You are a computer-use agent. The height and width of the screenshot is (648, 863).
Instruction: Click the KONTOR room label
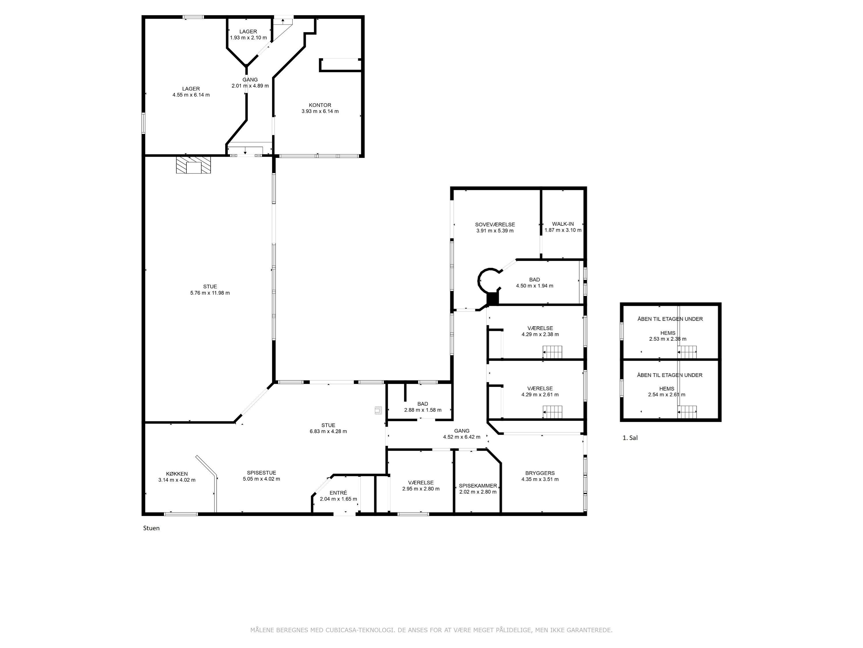[320, 105]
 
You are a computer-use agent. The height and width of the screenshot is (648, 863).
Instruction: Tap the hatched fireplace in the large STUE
[194, 165]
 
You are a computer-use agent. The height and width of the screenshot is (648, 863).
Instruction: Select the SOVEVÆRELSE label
[495, 225]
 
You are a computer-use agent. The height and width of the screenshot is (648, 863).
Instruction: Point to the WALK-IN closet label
[563, 224]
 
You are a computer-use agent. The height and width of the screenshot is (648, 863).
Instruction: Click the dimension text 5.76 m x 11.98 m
[210, 293]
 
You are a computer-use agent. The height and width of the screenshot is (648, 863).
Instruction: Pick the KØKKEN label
[177, 474]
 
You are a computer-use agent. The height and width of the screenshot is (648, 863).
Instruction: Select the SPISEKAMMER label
[478, 486]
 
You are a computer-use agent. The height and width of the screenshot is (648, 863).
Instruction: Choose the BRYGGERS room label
[540, 473]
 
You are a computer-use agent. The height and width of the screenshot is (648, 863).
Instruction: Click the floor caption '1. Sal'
[630, 438]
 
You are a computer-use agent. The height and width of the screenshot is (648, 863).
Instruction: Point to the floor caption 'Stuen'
[151, 528]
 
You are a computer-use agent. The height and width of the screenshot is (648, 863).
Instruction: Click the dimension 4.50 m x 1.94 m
[534, 285]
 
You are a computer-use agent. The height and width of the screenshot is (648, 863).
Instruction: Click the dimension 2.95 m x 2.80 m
[421, 489]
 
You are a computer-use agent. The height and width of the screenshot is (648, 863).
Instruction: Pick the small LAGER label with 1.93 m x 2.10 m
[248, 32]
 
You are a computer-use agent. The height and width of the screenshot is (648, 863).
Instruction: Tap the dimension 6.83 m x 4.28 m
[328, 431]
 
